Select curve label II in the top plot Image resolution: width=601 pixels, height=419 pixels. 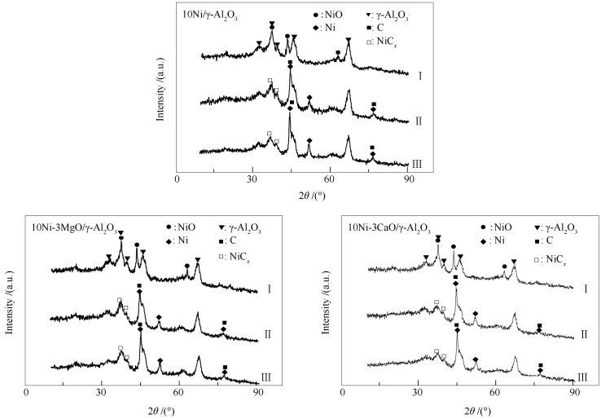[x=417, y=121]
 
